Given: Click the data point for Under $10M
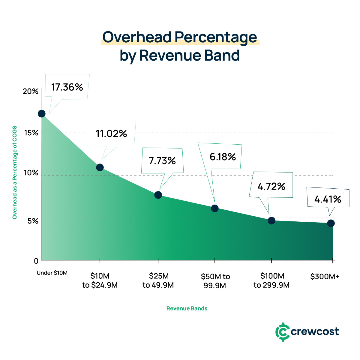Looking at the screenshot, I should pyautogui.click(x=42, y=114).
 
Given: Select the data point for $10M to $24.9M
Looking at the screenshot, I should pyautogui.click(x=100, y=167).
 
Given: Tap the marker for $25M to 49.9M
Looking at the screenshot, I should pyautogui.click(x=158, y=195).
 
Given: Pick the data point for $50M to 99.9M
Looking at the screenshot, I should pyautogui.click(x=215, y=208).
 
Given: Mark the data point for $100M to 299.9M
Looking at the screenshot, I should pyautogui.click(x=271, y=220).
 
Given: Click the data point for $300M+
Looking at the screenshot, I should pyautogui.click(x=331, y=223).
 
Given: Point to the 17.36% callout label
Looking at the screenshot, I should pyautogui.click(x=67, y=87).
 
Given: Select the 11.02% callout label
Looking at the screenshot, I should pyautogui.click(x=111, y=134).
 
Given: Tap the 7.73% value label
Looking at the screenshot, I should pyautogui.click(x=162, y=161).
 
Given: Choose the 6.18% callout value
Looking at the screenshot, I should pyautogui.click(x=223, y=157).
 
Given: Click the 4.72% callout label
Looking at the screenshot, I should pyautogui.click(x=271, y=187).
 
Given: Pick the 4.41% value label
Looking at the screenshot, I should pyautogui.click(x=328, y=199).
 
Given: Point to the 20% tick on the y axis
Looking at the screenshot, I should pyautogui.click(x=31, y=91).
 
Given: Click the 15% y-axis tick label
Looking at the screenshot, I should pyautogui.click(x=31, y=133).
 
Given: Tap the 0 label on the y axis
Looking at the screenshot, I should pyautogui.click(x=36, y=261).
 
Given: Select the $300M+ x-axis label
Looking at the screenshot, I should pyautogui.click(x=325, y=277).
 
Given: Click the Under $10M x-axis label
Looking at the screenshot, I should pyautogui.click(x=52, y=273).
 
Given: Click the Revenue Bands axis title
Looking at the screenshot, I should pyautogui.click(x=187, y=308).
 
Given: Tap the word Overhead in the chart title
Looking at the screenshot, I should pyautogui.click(x=137, y=37).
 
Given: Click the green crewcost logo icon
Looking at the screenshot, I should pyautogui.click(x=282, y=332).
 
